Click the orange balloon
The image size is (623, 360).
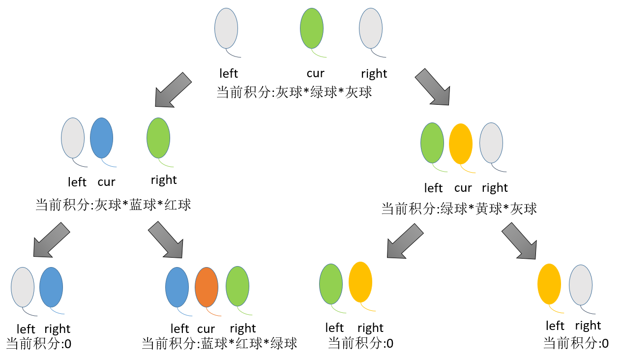coord(207,287)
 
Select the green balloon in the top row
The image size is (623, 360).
coord(312,29)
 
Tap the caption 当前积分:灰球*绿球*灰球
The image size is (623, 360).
coord(294,92)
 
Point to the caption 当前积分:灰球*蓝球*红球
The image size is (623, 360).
coord(113,205)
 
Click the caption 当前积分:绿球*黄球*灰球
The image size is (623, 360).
coord(459,209)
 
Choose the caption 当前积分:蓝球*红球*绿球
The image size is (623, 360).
coord(219,343)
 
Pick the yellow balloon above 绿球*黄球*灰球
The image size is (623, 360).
coord(461,144)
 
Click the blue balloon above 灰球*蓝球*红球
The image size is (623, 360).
coord(102,138)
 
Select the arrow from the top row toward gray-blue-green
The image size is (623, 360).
coord(173,90)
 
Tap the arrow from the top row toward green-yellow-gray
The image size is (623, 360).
coord(433,87)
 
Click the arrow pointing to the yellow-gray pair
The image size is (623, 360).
coord(519,240)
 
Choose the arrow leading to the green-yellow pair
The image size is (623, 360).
coord(405,241)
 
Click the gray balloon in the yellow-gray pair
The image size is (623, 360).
coord(581,285)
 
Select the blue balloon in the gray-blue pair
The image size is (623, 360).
coord(51,287)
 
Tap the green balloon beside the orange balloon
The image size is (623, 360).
coord(237,286)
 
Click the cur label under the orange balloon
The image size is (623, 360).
coord(206,328)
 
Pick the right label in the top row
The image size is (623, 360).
coord(374,74)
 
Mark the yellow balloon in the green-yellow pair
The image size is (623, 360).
coord(360,282)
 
